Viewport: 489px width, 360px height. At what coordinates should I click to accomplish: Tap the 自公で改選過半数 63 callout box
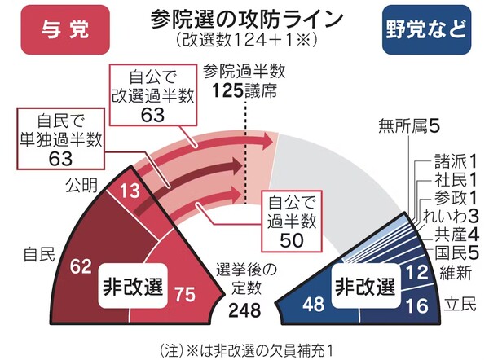[153, 96]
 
